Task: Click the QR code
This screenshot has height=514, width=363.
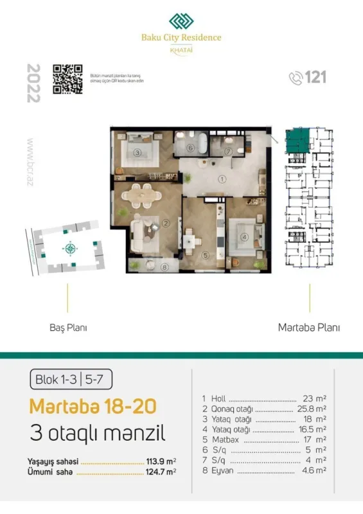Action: [x=67, y=79]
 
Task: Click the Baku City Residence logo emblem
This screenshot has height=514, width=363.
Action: [x=181, y=21]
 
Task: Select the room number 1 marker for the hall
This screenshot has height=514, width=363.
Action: [x=221, y=179]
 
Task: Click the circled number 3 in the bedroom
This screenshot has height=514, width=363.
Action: [x=137, y=153]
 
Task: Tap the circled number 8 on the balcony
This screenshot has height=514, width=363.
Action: [x=164, y=267]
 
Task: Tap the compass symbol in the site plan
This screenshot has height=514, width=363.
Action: [x=69, y=248]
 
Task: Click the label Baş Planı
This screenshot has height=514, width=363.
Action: [x=68, y=327]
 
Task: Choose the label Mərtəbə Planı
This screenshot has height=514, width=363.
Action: [x=309, y=327]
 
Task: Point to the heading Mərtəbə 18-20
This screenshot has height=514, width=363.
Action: [x=91, y=407]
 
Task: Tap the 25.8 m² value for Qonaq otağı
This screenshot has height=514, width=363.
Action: [x=313, y=409]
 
